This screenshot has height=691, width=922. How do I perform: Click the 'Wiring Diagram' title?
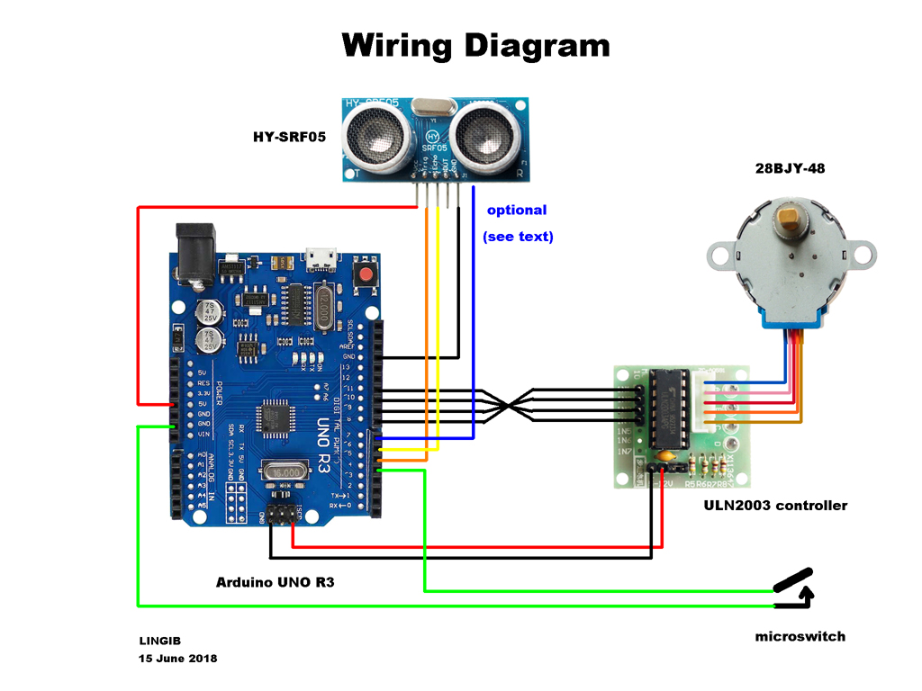tap(476, 45)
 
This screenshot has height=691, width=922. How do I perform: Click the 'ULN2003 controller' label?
tap(775, 506)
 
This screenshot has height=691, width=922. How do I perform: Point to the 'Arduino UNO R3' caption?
tap(275, 582)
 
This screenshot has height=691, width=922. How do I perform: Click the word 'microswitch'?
tap(800, 636)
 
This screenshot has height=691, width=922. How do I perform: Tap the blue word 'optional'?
tap(517, 210)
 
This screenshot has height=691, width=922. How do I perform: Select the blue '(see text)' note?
tap(518, 237)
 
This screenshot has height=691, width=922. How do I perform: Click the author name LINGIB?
tap(159, 642)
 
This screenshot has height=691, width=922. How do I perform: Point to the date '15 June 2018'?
tap(177, 659)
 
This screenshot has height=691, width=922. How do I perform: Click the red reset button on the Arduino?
tap(366, 274)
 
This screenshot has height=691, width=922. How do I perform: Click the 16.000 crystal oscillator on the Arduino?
tap(285, 472)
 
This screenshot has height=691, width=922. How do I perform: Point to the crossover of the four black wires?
tap(510, 406)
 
